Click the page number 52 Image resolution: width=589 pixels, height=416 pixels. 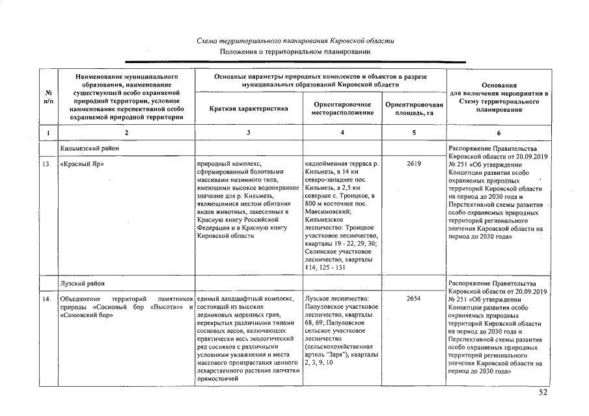pyautogui.click(x=543, y=393)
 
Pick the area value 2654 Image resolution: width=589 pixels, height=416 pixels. pyautogui.click(x=414, y=298)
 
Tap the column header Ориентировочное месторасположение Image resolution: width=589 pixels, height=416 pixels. pyautogui.click(x=342, y=109)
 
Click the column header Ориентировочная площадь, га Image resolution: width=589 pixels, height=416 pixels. pyautogui.click(x=414, y=109)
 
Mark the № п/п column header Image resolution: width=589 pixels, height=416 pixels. pyautogui.click(x=48, y=97)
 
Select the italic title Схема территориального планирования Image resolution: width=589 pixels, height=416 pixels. pyautogui.click(x=295, y=40)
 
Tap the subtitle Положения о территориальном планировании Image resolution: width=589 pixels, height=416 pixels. pyautogui.click(x=295, y=51)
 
